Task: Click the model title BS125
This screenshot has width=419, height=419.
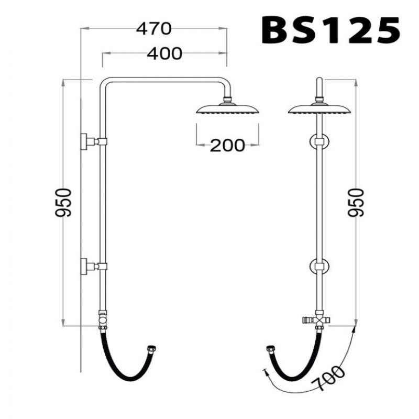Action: [330, 30]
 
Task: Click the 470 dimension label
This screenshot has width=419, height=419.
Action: [153, 29]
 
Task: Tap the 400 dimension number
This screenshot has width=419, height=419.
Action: [164, 53]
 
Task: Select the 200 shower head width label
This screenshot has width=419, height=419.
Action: [227, 146]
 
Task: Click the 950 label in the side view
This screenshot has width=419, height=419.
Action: [356, 202]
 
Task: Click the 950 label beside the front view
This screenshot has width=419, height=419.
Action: [63, 202]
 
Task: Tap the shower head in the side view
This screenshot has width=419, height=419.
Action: [227, 109]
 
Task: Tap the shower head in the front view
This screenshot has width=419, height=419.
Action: [319, 109]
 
